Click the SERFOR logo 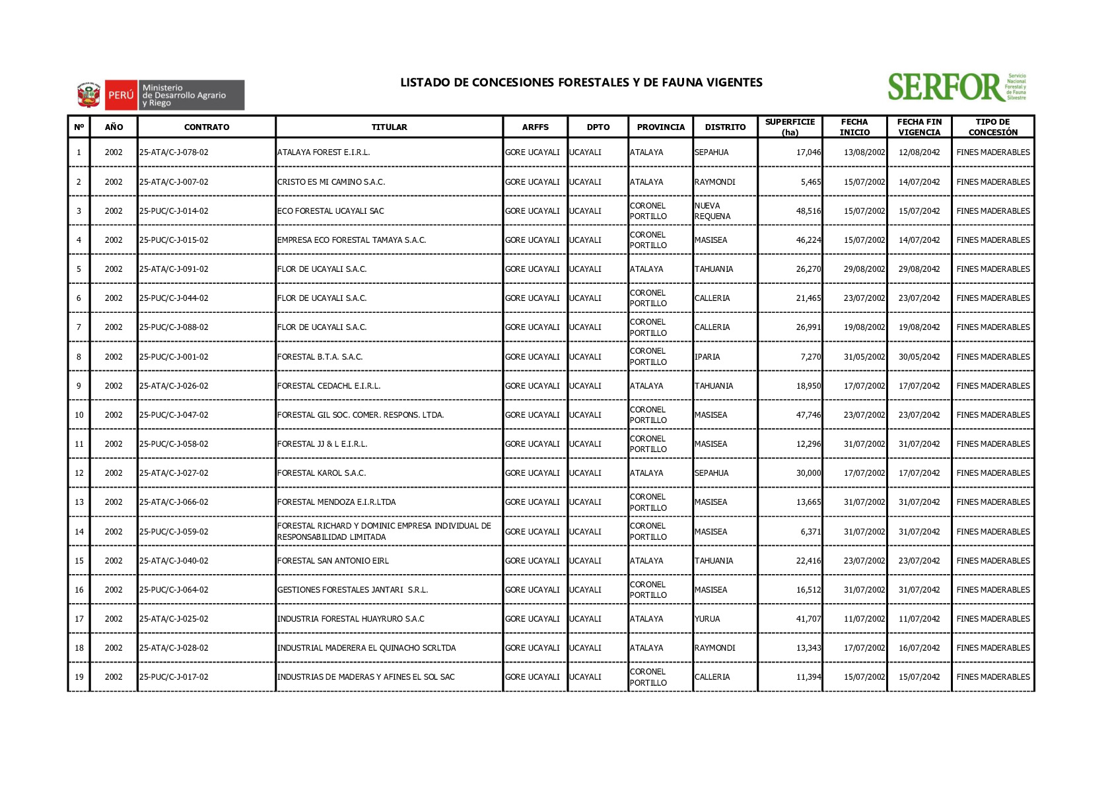956,87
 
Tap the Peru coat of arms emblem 88,95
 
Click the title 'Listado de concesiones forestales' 580,82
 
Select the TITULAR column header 389,127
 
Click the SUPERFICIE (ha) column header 790,127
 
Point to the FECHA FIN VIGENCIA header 919,127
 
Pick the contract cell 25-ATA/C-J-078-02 174,152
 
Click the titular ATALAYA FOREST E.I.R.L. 324,152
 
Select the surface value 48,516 808,211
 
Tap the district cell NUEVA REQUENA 712,211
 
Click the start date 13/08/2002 864,152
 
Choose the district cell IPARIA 707,357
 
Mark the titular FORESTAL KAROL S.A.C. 322,473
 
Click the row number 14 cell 79,532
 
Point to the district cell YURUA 707,619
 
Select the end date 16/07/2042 919,648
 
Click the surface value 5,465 811,182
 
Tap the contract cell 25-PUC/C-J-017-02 174,677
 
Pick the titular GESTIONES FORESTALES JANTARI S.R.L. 353,590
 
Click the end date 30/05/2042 919,357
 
